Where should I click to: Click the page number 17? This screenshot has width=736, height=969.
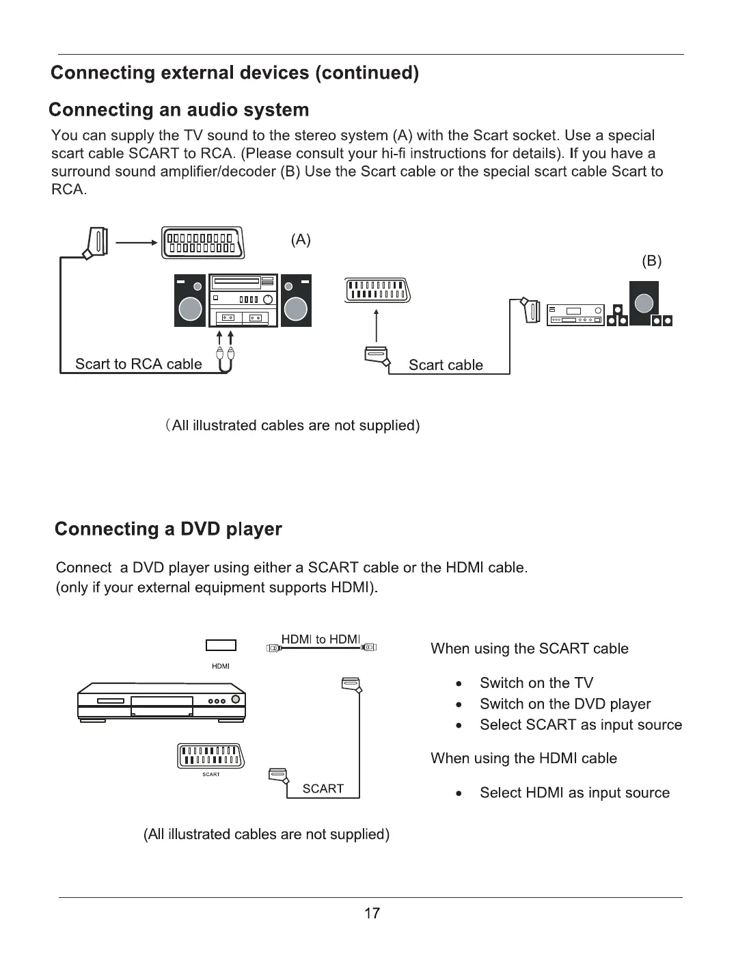(x=371, y=913)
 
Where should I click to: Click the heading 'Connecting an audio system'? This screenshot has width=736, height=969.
(x=179, y=110)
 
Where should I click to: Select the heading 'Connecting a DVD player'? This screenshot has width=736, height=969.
(x=167, y=529)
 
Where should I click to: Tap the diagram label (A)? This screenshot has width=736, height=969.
(x=301, y=239)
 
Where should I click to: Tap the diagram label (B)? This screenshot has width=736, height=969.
(x=652, y=261)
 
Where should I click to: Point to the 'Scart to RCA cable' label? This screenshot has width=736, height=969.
(x=139, y=364)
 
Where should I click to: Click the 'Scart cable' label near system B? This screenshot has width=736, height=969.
(x=446, y=365)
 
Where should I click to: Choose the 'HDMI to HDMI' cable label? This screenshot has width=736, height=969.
(x=321, y=639)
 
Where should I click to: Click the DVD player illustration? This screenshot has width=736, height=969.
(x=161, y=702)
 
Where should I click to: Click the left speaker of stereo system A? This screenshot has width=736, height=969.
(x=190, y=301)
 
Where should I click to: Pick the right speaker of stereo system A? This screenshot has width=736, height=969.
(x=296, y=301)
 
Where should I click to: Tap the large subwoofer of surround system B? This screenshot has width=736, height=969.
(x=643, y=303)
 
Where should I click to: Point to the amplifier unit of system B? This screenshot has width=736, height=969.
(x=574, y=315)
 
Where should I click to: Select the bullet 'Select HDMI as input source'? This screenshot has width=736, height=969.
(x=574, y=793)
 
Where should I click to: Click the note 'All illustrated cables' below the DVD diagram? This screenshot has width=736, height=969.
(x=267, y=834)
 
